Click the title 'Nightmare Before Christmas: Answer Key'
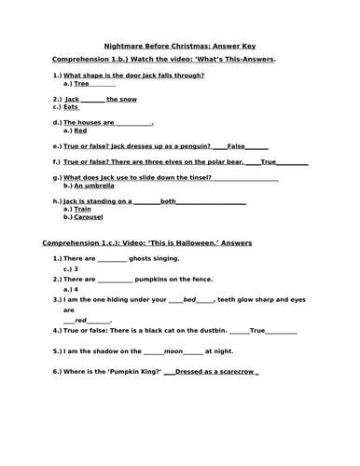click(182, 45)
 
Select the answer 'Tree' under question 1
click(81, 83)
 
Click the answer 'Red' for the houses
click(80, 130)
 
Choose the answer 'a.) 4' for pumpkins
click(71, 289)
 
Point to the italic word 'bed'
click(190, 300)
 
